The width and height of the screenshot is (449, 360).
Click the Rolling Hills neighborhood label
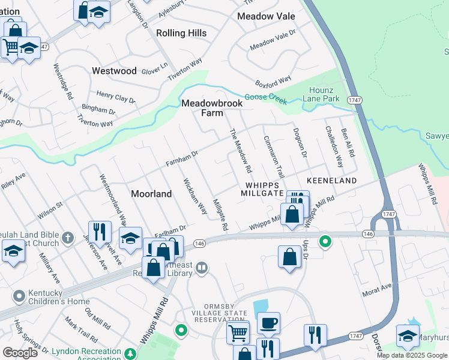click(x=181, y=34)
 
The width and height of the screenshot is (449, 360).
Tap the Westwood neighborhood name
click(x=114, y=71)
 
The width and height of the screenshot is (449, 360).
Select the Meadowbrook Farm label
click(x=212, y=108)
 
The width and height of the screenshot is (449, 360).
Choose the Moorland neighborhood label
click(x=151, y=194)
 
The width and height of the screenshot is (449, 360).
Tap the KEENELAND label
click(x=332, y=181)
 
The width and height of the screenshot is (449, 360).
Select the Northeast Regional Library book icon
click(x=202, y=268)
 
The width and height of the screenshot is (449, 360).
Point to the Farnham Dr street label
click(x=182, y=159)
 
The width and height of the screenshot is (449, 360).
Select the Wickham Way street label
click(x=195, y=196)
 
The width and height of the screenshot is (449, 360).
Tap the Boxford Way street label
click(x=273, y=79)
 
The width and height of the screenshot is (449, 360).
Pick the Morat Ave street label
click(x=376, y=290)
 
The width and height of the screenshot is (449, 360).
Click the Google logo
click(x=20, y=353)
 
